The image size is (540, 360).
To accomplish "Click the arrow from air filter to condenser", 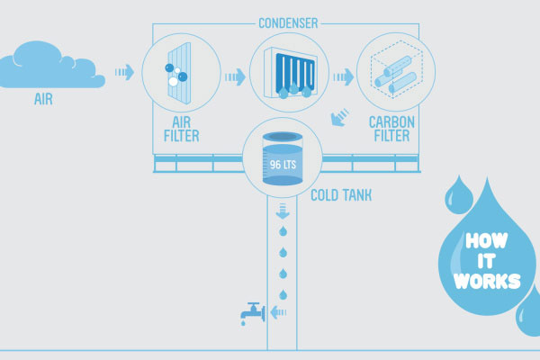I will (236, 77).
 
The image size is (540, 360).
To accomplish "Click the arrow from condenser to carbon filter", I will (343, 77).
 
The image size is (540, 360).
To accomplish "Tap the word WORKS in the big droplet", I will (488, 282).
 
